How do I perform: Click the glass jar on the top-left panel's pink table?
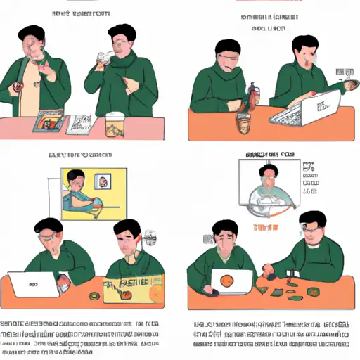point(115,127)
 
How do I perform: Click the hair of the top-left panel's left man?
point(32,33)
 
